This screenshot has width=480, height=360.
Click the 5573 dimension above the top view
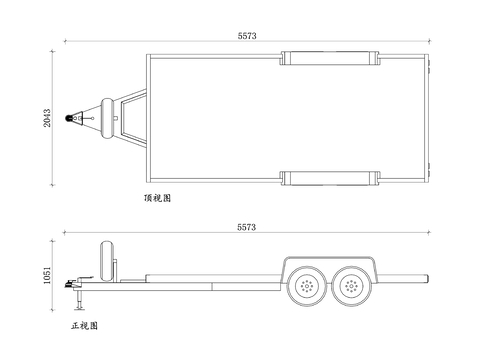point(247,36)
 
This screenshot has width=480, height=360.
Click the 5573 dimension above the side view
point(247,227)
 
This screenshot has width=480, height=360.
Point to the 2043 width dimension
point(47,118)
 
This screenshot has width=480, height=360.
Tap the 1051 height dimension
point(47,275)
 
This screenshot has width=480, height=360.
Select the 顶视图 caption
point(157,198)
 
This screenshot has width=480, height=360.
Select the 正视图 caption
point(84,326)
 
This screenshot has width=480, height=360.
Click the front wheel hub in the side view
point(307,286)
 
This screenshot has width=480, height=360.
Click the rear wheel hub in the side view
point(351,286)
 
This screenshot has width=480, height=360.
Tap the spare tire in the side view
point(107,261)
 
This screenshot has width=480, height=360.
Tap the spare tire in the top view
point(107,118)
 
